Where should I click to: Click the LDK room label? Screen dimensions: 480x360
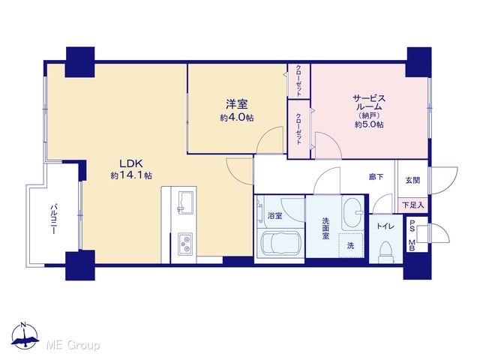131,163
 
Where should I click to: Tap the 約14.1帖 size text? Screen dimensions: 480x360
131,175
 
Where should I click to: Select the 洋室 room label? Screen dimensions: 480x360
237,104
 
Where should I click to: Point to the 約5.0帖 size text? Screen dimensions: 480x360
369,124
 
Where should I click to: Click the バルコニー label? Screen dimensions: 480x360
53,218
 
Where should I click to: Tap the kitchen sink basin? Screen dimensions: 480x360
185,202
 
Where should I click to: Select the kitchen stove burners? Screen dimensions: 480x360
185,244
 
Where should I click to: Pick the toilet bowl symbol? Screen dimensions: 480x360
385,252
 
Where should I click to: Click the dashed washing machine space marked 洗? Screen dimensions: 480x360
351,245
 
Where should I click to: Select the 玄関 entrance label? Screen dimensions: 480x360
412,180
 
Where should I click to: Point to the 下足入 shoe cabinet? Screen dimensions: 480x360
412,205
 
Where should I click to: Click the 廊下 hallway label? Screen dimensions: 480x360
376,177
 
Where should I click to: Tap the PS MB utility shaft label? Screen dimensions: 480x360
412,234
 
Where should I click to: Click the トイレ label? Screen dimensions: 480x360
385,226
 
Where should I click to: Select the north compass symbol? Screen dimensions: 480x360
25,336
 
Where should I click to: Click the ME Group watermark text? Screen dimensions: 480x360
73,345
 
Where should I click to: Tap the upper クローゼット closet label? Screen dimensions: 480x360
298,81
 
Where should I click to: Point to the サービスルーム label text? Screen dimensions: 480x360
369,103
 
